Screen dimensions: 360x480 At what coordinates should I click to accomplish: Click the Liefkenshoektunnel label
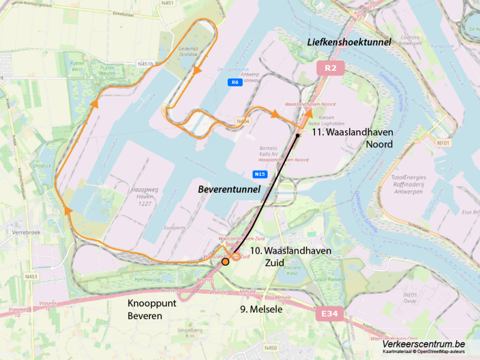tap(349, 42)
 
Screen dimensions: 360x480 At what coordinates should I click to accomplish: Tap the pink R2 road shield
tap(330, 68)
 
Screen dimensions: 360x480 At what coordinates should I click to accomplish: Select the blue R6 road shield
tap(235, 82)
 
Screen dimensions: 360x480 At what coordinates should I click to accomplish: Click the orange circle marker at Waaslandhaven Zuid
tap(225, 262)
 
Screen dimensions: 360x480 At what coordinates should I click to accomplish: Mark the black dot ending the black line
tap(298, 136)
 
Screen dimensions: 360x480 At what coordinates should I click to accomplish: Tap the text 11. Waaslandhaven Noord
tap(352, 138)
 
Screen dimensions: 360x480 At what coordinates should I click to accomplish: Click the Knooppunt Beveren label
tap(152, 309)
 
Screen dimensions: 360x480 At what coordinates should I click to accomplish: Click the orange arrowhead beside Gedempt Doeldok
tap(197, 71)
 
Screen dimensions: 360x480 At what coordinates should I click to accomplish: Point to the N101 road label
tap(443, 143)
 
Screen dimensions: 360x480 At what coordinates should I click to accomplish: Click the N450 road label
tap(271, 347)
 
